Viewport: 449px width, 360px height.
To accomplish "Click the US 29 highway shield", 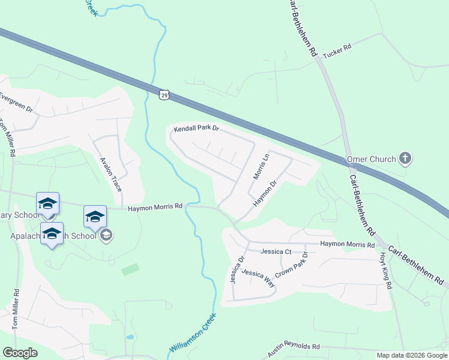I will point(164,95).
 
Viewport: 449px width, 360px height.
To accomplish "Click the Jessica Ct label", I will point(276,252).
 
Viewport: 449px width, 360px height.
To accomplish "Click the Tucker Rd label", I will point(337,54).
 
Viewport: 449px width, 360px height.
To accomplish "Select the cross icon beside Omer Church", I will point(405,159).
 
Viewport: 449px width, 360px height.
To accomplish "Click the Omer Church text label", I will point(372,160).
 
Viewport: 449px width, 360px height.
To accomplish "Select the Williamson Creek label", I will point(191,337).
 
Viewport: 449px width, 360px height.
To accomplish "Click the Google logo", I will point(20,353).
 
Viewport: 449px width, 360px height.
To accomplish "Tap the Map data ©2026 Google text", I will point(411,355).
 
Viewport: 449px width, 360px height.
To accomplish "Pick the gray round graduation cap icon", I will point(106,235).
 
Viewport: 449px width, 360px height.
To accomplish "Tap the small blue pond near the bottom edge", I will point(130,337).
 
